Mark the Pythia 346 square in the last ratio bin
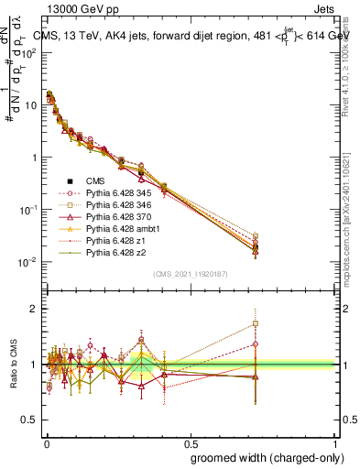[256, 323]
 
